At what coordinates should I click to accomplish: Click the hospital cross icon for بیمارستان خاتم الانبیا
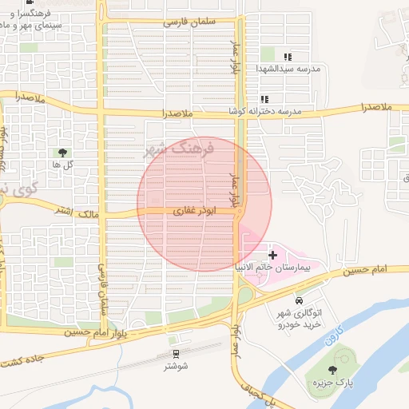point(273,254)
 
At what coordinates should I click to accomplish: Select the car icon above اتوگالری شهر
point(299,301)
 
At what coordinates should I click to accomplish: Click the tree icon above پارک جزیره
point(333,370)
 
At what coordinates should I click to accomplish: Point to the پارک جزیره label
point(332,384)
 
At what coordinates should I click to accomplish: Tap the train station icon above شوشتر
point(176,352)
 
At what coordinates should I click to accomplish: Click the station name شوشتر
point(176,366)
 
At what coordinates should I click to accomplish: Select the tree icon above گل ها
point(62,152)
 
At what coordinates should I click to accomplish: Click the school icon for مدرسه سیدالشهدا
point(288,57)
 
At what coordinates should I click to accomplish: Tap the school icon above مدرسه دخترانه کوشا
point(264,99)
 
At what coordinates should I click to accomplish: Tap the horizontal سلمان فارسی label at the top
point(190,22)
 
